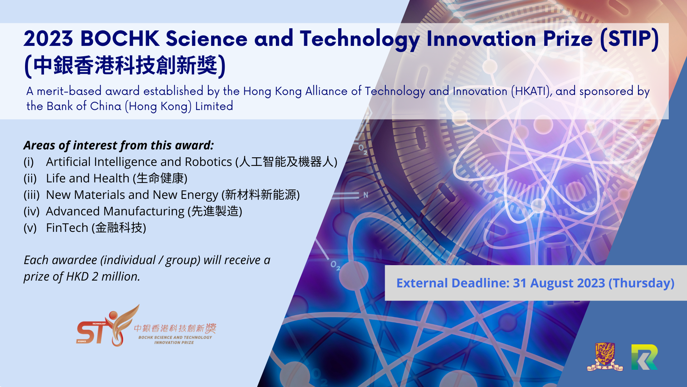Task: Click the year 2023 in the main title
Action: pyautogui.click(x=49, y=39)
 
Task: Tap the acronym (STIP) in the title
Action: pyautogui.click(x=629, y=39)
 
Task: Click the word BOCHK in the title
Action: pyautogui.click(x=120, y=39)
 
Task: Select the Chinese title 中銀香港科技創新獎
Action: pyautogui.click(x=125, y=66)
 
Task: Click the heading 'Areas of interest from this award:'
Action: pyautogui.click(x=119, y=145)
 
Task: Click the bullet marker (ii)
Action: pyautogui.click(x=30, y=178)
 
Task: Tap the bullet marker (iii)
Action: pyautogui.click(x=31, y=195)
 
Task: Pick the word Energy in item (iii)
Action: pyautogui.click(x=199, y=195)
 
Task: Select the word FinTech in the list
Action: pyautogui.click(x=67, y=228)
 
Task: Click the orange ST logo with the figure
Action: pyautogui.click(x=108, y=326)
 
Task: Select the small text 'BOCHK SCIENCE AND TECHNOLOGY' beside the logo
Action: pyautogui.click(x=175, y=337)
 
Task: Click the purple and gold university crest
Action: pyautogui.click(x=605, y=357)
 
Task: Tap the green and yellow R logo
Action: pyautogui.click(x=644, y=357)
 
